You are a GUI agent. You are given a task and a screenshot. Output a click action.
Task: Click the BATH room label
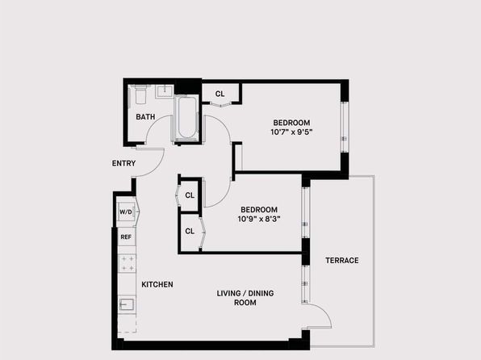(x=145, y=117)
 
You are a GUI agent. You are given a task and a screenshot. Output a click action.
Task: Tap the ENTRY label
(x=123, y=163)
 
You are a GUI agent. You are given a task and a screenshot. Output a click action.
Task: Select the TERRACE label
(x=341, y=260)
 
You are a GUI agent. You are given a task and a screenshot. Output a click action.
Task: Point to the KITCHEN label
(x=157, y=284)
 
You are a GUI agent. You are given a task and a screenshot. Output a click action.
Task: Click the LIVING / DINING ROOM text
(x=245, y=298)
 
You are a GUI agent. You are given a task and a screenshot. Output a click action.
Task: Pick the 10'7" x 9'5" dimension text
(x=291, y=132)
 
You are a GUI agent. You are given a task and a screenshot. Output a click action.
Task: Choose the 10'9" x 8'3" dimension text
(x=259, y=219)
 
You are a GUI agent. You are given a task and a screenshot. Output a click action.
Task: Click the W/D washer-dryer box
(x=126, y=211)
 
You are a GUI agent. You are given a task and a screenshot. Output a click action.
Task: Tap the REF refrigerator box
(x=127, y=237)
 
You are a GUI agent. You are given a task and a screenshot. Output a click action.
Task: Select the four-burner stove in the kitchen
(x=127, y=264)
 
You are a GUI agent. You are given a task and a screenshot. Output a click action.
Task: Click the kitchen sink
(x=127, y=304)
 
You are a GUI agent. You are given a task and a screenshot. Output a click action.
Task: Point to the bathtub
(x=186, y=119)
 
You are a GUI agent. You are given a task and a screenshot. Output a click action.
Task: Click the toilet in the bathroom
(x=140, y=94)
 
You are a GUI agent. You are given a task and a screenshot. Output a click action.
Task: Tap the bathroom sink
(x=165, y=91)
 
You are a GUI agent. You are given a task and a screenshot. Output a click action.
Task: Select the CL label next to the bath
(x=220, y=94)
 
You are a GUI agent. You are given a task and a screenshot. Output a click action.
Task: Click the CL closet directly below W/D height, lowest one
(x=190, y=231)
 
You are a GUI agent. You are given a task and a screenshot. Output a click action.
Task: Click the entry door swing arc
(x=155, y=170)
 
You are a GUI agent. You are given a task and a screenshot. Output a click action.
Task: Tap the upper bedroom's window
(x=344, y=127)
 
